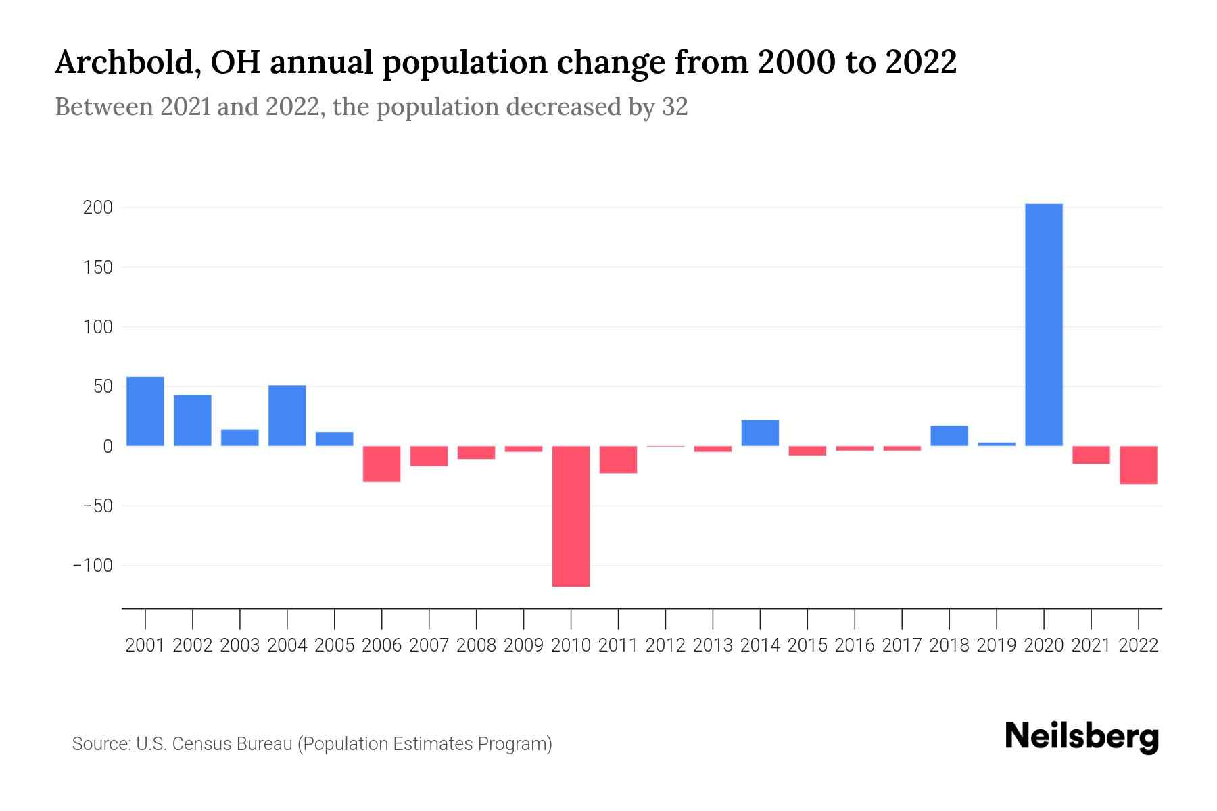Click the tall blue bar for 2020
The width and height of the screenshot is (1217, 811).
point(1043,324)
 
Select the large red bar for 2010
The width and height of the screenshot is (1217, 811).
point(571,516)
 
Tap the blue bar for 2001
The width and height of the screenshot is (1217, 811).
point(145,411)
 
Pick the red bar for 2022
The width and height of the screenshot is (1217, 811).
point(1138,465)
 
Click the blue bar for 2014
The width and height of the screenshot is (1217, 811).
point(760,433)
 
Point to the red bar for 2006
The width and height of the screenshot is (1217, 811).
point(382,464)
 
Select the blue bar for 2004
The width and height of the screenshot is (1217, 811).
point(287,415)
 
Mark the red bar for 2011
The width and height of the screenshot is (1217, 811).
point(618,460)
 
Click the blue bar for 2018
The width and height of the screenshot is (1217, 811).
point(949,436)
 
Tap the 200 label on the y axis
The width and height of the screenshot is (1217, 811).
point(97,207)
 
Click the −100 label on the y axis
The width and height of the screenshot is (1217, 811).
point(93,565)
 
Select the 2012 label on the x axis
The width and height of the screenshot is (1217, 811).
point(665,645)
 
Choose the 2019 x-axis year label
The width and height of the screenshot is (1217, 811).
point(996,645)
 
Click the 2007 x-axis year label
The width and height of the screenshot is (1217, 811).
point(429,645)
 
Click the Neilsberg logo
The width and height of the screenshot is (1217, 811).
point(1081,737)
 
